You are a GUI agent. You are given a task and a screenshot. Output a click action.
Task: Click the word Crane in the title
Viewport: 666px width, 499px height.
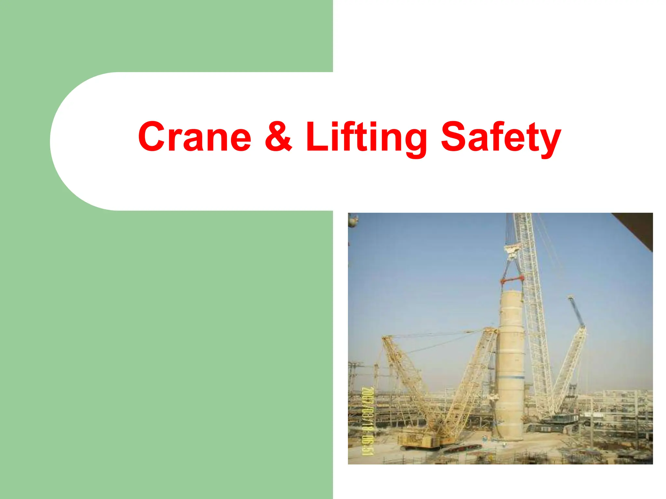pyautogui.click(x=194, y=137)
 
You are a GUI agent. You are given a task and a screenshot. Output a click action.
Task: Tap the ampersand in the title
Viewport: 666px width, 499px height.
pyautogui.click(x=278, y=136)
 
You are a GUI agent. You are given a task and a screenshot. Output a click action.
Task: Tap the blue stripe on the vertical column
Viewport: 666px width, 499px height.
pyautogui.click(x=512, y=377)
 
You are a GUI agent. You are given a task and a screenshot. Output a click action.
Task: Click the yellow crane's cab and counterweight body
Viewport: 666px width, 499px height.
pyautogui.click(x=420, y=440)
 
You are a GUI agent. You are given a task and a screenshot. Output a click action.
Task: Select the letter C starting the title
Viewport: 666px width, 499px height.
pyautogui.click(x=152, y=136)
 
